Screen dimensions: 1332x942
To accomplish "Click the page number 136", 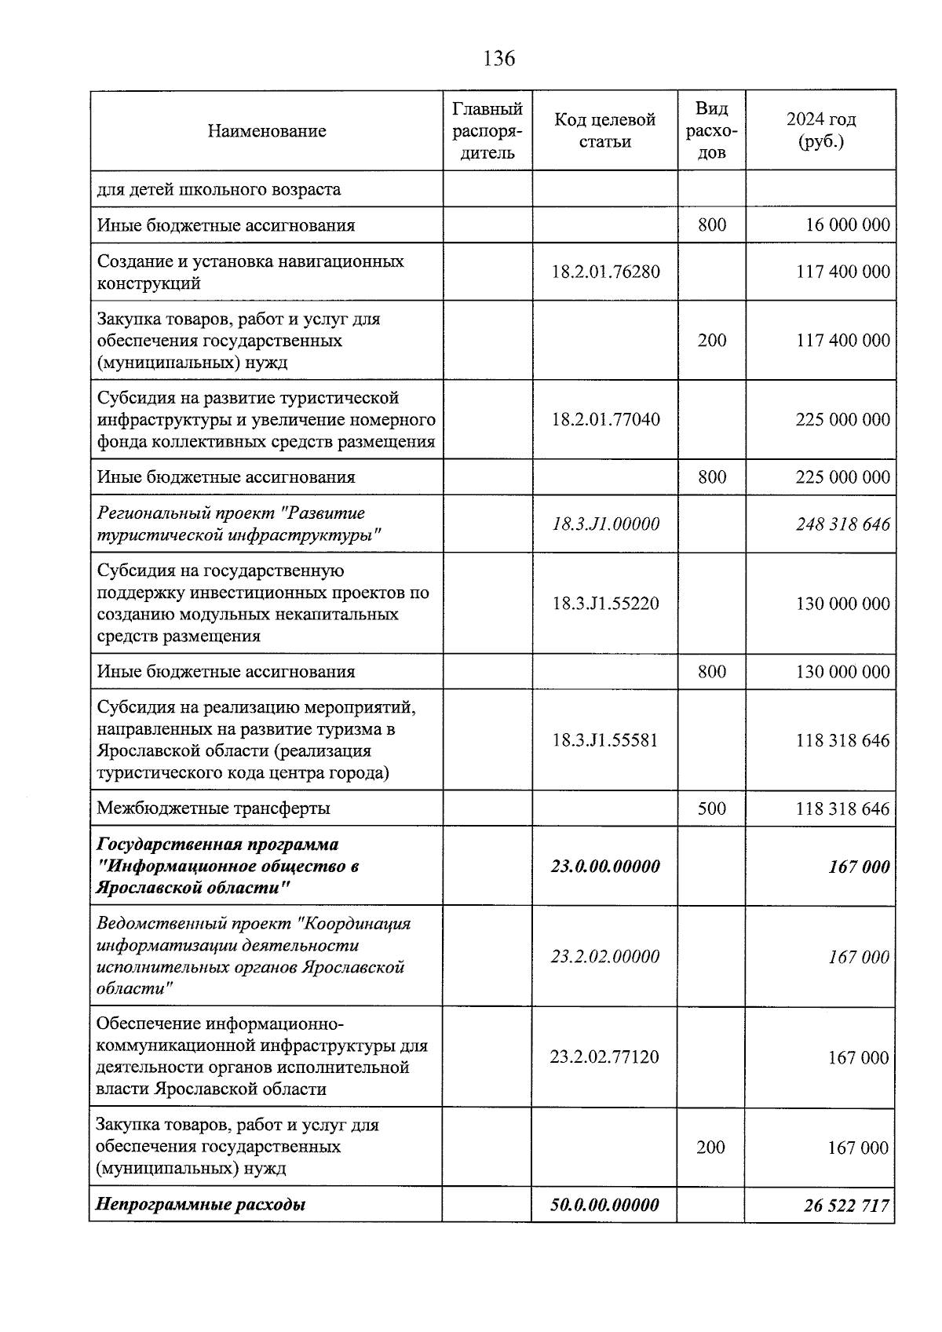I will point(499,58).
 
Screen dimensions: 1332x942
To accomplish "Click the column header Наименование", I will point(267,131).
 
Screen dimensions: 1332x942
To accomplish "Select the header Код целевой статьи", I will point(604,130).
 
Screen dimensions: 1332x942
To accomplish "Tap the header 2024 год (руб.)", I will point(820,130).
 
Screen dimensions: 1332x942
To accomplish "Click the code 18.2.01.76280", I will point(605,272).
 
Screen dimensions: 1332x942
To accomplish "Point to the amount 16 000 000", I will point(848,225).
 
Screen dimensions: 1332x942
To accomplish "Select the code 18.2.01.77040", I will point(605,419).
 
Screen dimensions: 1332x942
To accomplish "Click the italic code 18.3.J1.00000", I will point(605,524).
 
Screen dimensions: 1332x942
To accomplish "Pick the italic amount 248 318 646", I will point(843,524).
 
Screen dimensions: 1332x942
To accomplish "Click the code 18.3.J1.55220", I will point(605,604).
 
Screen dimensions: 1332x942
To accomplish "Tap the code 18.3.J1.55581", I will point(604,740).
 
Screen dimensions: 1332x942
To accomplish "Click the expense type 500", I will point(711,808).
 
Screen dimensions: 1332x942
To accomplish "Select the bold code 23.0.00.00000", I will point(605,867).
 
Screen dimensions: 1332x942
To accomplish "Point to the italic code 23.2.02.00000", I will point(604,956).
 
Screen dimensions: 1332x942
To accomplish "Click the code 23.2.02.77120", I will point(604,1056).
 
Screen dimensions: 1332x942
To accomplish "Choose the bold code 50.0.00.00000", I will point(604,1204).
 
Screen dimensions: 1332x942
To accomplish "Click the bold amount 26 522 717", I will point(846,1205).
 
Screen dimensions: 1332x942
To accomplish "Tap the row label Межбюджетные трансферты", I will point(214,808).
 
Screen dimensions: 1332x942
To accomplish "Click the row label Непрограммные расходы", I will point(200,1204).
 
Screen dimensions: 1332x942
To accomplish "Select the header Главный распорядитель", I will point(487,130).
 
